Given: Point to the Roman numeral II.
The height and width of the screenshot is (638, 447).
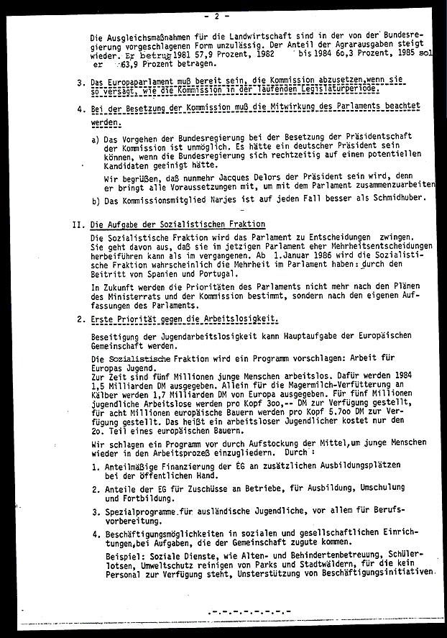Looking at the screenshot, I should (x=79, y=224).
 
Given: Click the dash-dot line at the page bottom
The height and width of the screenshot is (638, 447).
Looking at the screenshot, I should (x=244, y=612).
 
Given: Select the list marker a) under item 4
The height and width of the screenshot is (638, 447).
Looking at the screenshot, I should (x=96, y=140).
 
